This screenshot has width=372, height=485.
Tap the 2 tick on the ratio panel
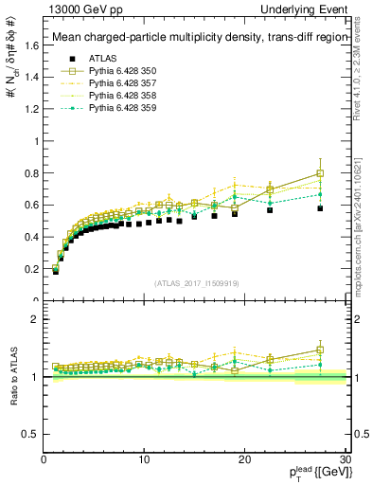coord(34,319)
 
